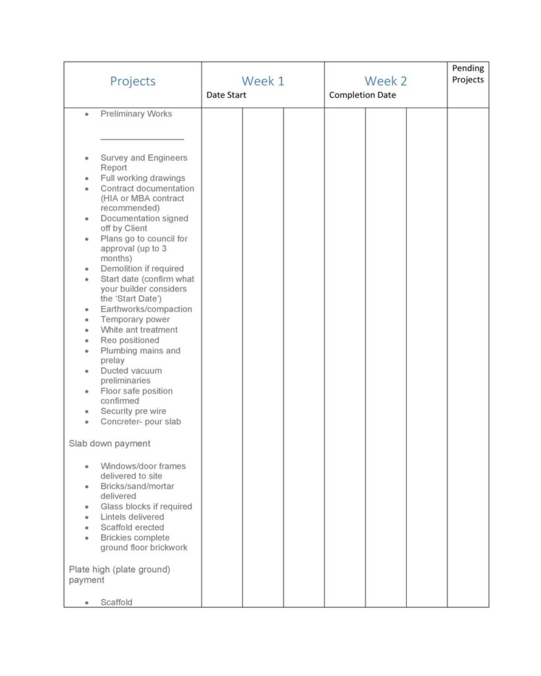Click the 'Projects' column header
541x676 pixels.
pos(133,81)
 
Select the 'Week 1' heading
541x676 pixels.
pos(263,81)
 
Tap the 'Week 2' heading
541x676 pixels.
pos(386,81)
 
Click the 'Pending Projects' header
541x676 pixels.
pos(468,74)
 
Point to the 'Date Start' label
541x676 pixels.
pos(226,95)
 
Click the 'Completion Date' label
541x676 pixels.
pos(363,95)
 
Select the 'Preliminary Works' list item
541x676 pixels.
pos(136,114)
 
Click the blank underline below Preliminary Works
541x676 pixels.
pos(142,139)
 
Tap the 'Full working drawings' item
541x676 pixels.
pos(143,178)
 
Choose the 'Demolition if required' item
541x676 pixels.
pos(142,269)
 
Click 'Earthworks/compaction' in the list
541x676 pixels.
pos(146,309)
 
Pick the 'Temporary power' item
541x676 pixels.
pos(135,320)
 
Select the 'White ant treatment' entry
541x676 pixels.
pos(139,329)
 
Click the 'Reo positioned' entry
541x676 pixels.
pos(129,340)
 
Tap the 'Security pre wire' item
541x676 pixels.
pos(133,411)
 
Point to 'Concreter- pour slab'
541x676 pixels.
pos(141,421)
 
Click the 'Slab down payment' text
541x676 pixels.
pos(110,444)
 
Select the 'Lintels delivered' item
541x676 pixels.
pos(132,517)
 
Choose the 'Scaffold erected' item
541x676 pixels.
pos(132,527)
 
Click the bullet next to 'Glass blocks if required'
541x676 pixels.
pos(87,507)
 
